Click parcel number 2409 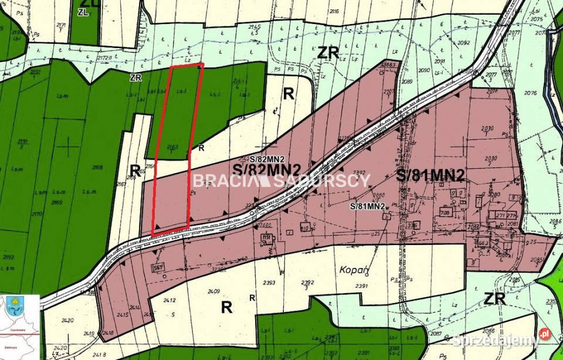coord(213,290)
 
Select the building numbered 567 coord(157,267)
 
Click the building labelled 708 coord(446,213)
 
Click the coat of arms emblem coord(13,308)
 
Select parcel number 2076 coord(531,93)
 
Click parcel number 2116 coord(334,11)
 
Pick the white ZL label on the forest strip coord(83,12)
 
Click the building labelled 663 coord(483,242)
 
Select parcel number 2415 coord(121,314)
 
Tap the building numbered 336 coord(413,225)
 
